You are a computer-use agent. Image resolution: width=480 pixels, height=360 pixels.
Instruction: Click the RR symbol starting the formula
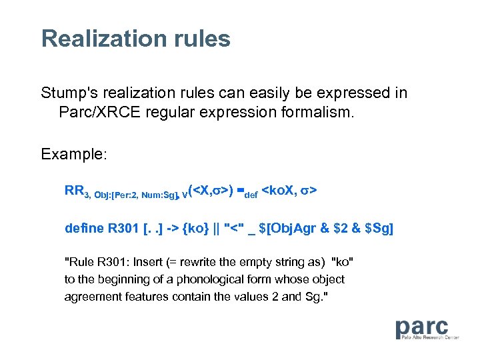pos(73,191)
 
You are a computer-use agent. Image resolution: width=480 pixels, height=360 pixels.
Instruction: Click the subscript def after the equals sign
pos(250,195)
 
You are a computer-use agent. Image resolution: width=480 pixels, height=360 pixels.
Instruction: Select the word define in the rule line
pos(84,228)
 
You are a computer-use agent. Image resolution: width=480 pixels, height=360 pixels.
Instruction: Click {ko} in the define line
pos(197,228)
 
